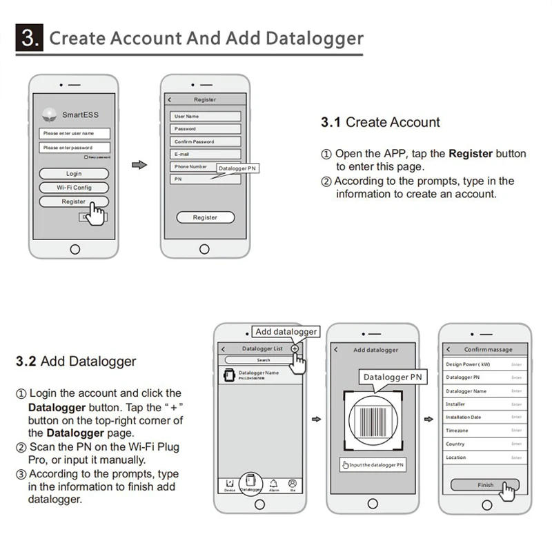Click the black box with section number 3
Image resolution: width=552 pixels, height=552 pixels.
tap(30, 37)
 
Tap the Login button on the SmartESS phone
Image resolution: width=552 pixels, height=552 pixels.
tap(74, 174)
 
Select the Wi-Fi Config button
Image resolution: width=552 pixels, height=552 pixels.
tap(74, 188)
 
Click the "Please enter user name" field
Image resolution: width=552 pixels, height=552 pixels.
tap(75, 133)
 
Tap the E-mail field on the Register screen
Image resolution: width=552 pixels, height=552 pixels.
tap(206, 154)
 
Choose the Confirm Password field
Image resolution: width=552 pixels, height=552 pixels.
tap(206, 141)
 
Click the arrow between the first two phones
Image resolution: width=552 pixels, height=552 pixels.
tap(139, 165)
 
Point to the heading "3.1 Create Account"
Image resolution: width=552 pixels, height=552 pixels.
tap(380, 123)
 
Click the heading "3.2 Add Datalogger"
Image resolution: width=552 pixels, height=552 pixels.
tap(76, 361)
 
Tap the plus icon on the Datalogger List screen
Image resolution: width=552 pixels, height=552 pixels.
tap(295, 349)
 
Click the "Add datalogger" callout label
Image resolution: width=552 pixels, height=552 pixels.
tap(286, 332)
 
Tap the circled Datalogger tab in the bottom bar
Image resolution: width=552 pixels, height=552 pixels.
tap(251, 482)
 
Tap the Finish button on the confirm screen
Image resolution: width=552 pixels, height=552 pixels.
tap(485, 485)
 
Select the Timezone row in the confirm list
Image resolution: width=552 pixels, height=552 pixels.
tap(485, 430)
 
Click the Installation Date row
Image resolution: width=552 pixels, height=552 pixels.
tap(485, 417)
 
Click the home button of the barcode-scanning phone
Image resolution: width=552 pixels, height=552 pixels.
tap(373, 504)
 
